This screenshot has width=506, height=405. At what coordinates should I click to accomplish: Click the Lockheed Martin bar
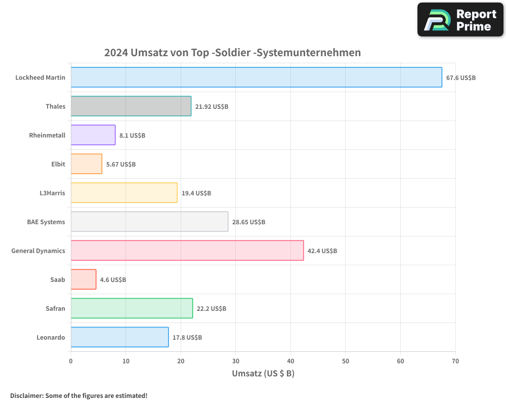pyautogui.click(x=256, y=77)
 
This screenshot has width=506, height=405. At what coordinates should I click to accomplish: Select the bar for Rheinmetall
pyautogui.click(x=93, y=135)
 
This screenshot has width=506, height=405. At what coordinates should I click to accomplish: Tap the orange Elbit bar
pyautogui.click(x=87, y=164)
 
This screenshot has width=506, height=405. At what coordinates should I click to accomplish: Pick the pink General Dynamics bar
pyautogui.click(x=187, y=251)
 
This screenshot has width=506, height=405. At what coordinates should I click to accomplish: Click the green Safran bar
pyautogui.click(x=132, y=308)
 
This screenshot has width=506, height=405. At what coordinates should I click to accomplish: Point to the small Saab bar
pyautogui.click(x=83, y=279)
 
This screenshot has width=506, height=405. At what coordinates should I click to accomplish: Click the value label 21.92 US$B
pyautogui.click(x=212, y=107)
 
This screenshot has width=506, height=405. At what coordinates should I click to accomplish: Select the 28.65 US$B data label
pyautogui.click(x=248, y=222)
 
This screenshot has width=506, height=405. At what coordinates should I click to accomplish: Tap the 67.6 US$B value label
pyautogui.click(x=460, y=78)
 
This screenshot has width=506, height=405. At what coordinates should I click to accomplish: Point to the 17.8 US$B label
pyautogui.click(x=187, y=337)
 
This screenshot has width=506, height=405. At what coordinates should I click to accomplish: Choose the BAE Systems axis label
pyautogui.click(x=46, y=222)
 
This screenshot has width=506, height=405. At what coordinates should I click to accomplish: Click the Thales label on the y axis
pyautogui.click(x=55, y=106)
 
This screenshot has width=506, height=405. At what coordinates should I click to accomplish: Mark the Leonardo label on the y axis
pyautogui.click(x=51, y=337)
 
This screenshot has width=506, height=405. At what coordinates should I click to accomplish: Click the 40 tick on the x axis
pyautogui.click(x=290, y=361)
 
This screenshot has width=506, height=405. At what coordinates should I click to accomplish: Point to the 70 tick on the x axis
pyautogui.click(x=455, y=361)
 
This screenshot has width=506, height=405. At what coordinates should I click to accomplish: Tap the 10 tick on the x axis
pyautogui.click(x=125, y=361)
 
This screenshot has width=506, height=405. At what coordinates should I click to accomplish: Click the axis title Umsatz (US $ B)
pyautogui.click(x=263, y=374)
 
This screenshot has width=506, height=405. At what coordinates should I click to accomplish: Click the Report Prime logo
pyautogui.click(x=460, y=20)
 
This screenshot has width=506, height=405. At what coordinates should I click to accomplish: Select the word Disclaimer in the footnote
pyautogui.click(x=26, y=395)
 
